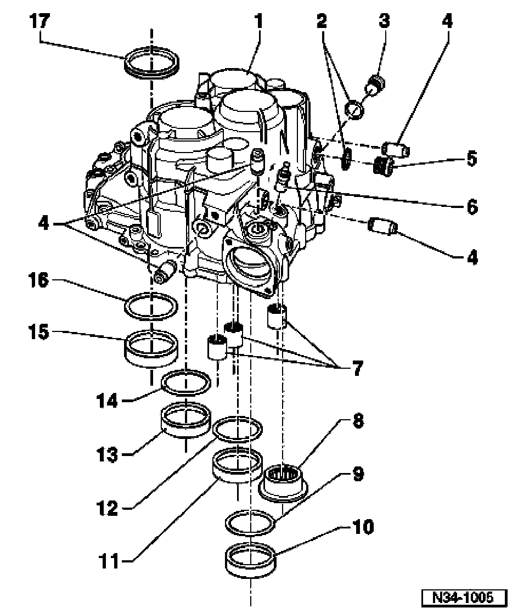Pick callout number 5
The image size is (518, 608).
point(471,159)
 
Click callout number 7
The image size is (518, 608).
point(357,369)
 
